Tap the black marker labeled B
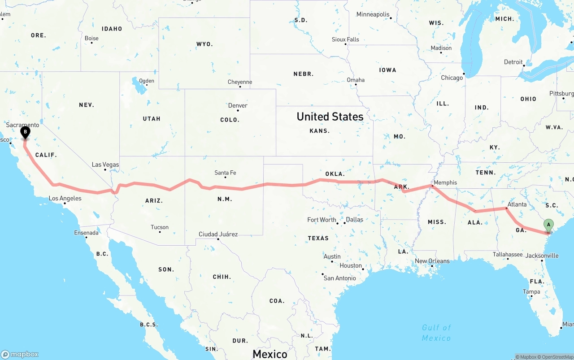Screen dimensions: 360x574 click(x=26, y=132)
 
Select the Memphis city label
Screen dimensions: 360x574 click(x=445, y=182)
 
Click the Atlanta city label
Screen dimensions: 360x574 click(x=517, y=204)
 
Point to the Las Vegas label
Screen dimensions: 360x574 click(x=105, y=165)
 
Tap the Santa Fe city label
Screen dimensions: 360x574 click(x=225, y=173)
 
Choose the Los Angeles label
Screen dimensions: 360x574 click(x=65, y=198)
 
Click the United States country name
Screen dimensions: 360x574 click(x=330, y=117)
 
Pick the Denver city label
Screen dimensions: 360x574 click(x=238, y=105)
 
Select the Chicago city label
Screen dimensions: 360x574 click(x=452, y=78)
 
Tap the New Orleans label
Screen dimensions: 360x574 click(x=432, y=261)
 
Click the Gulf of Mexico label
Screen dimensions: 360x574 click(x=436, y=333)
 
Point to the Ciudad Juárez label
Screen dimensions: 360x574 click(x=218, y=234)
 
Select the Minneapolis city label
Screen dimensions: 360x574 click(x=373, y=14)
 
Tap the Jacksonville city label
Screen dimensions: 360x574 click(x=542, y=256)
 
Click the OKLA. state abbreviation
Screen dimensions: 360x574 click(x=335, y=174)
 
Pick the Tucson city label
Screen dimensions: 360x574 click(x=160, y=227)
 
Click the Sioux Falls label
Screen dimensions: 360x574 click(x=345, y=39)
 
